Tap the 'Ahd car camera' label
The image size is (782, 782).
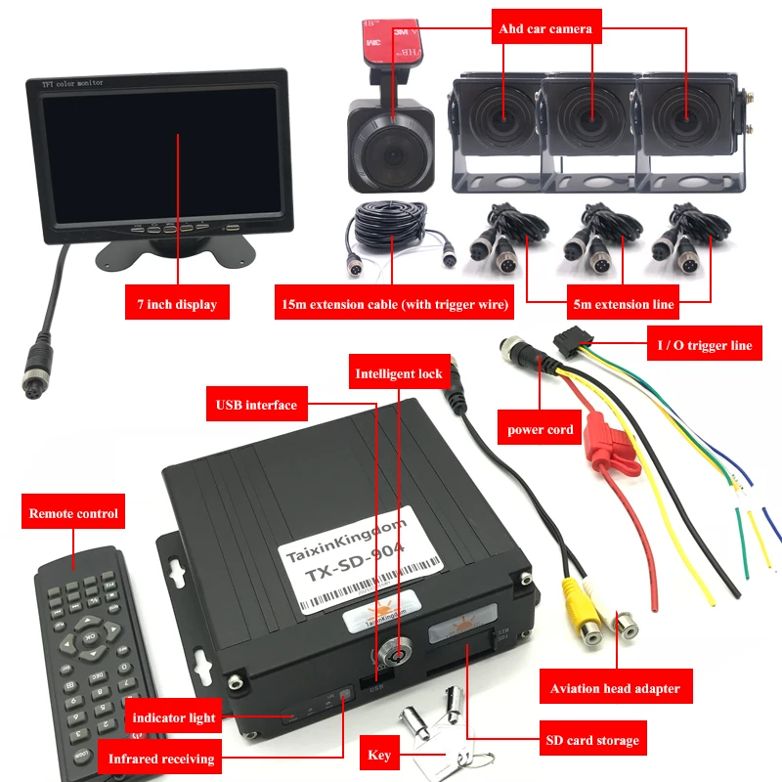543,28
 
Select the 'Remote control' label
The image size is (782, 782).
73,513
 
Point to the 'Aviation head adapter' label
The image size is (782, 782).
615,688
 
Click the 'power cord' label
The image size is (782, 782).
540,429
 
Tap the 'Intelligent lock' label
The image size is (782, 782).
399,373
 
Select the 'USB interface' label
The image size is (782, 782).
256,404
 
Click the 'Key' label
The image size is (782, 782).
380,755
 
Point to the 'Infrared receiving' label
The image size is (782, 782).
160,758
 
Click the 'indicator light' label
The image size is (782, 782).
174,717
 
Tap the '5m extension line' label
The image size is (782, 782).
623,304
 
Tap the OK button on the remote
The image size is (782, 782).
89,639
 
